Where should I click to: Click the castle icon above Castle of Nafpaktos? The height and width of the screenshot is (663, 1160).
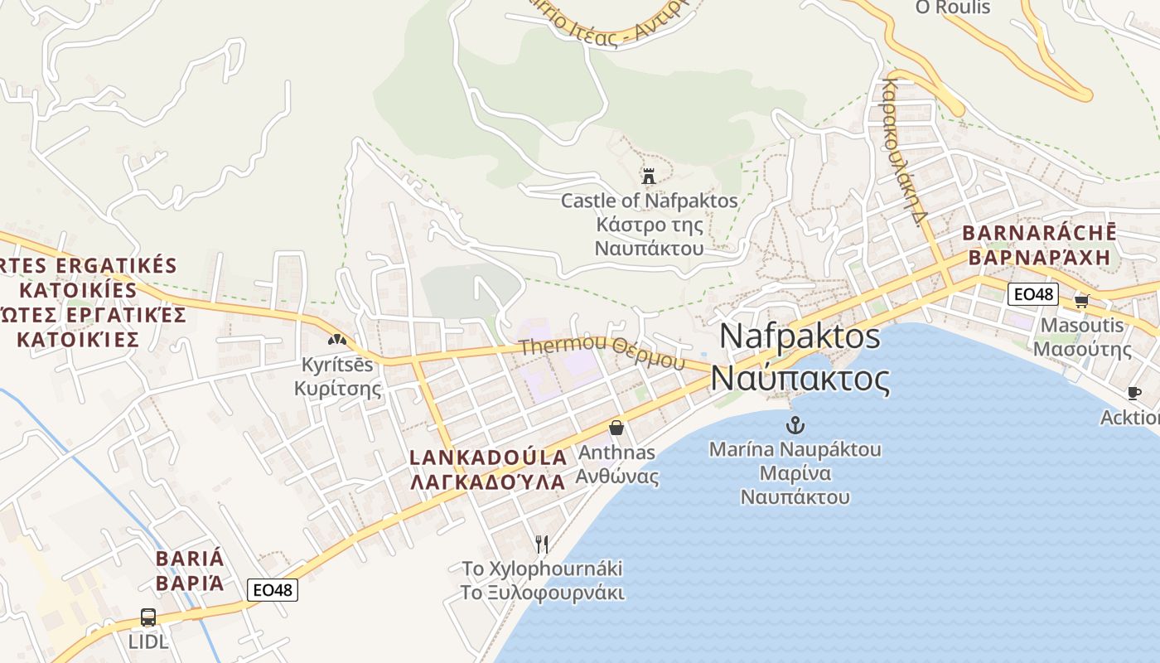[x=649, y=176]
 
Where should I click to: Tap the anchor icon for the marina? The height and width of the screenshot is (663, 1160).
[x=795, y=425]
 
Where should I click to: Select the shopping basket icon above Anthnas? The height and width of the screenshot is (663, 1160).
[x=616, y=428]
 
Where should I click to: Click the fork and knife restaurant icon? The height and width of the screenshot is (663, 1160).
[x=542, y=544]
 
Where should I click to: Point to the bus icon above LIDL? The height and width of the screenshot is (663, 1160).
[x=148, y=617]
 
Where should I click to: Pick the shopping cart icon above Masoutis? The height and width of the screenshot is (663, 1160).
[x=1081, y=301]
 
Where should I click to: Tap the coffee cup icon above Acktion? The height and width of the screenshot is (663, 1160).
[x=1134, y=393]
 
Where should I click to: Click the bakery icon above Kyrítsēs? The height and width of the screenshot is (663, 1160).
[x=336, y=339]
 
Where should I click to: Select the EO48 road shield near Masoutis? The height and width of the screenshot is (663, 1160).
[x=1033, y=294]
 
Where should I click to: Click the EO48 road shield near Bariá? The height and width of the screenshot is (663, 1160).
[x=273, y=590]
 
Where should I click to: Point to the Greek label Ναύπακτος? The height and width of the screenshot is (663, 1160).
[x=800, y=379]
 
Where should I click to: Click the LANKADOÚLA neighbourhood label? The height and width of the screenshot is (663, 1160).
[x=489, y=457]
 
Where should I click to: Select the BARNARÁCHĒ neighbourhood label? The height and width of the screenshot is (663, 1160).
[x=1039, y=233]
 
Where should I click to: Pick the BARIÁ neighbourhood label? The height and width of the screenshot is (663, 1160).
[x=190, y=557]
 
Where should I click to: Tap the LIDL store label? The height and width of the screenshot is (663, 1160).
[x=148, y=641]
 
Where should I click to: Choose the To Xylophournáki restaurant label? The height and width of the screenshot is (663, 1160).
[x=542, y=569]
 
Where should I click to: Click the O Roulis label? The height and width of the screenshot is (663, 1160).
[x=952, y=7]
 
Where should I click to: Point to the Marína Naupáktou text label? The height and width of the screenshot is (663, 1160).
[x=795, y=450]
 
